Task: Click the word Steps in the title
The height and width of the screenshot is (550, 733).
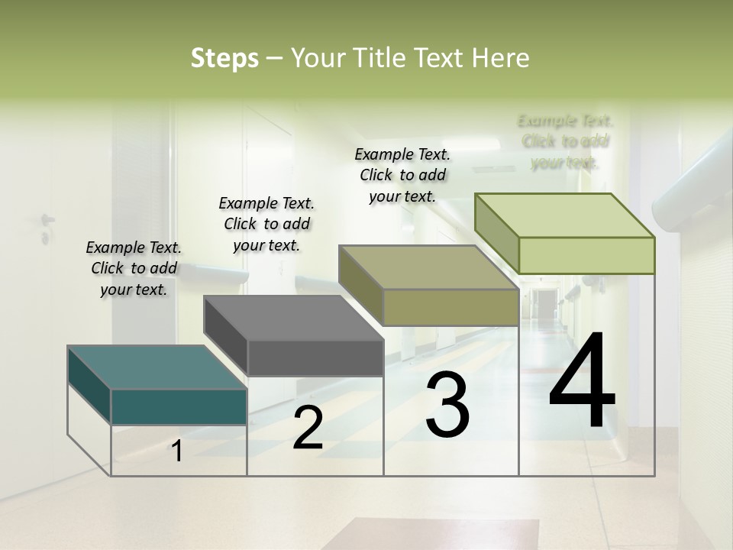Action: click(224, 58)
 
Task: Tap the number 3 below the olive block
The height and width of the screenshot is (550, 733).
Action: click(447, 405)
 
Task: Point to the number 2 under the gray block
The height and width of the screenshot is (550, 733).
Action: click(308, 428)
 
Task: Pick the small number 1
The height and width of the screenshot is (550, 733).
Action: click(177, 451)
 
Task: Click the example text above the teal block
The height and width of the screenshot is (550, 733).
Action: click(134, 268)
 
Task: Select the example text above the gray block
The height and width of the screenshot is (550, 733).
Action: click(266, 224)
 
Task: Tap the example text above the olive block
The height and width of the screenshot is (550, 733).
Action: click(402, 175)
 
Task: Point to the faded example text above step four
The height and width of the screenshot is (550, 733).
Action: click(565, 141)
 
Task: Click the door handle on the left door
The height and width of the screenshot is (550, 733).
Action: click(47, 222)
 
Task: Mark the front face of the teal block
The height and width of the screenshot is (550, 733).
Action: click(179, 406)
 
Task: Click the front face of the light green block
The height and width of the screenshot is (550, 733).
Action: click(586, 255)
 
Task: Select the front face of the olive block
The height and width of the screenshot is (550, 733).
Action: click(450, 307)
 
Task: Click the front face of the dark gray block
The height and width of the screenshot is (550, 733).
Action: click(315, 357)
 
